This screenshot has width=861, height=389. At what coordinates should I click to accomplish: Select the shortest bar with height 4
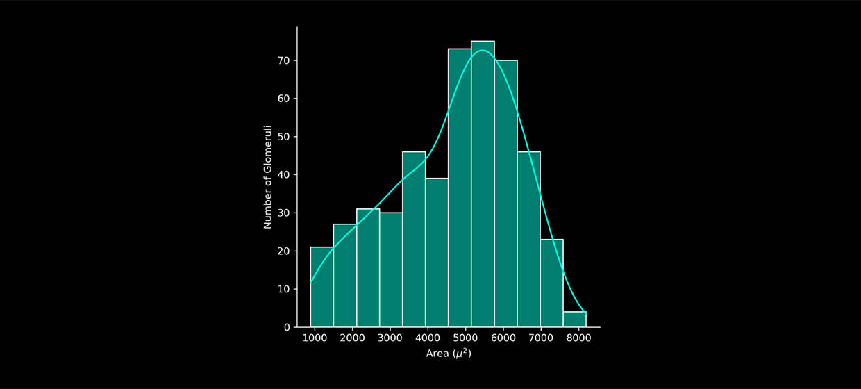pos(574,320)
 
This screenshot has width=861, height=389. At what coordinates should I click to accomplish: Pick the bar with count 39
pos(437,253)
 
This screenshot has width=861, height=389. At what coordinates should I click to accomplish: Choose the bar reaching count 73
pos(460,188)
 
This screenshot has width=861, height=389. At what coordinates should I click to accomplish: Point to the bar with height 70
pos(505,194)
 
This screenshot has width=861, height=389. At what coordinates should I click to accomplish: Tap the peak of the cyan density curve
pos(483,51)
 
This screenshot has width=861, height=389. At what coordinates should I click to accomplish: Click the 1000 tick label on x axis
pos(315,338)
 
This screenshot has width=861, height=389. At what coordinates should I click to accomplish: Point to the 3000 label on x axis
pos(390,338)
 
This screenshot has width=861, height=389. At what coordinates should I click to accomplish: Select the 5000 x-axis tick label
pos(466,338)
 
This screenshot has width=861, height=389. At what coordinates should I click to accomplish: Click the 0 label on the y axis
pos(287,327)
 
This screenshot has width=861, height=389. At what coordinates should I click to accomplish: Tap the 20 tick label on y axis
pos(284,251)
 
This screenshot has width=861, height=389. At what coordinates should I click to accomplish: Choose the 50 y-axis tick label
pos(284,137)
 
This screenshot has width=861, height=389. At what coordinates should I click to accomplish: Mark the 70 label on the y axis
pos(284,61)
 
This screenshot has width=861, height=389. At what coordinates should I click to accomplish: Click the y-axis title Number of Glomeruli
pos(268,177)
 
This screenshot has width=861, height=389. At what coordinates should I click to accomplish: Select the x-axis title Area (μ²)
pos(449,354)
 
